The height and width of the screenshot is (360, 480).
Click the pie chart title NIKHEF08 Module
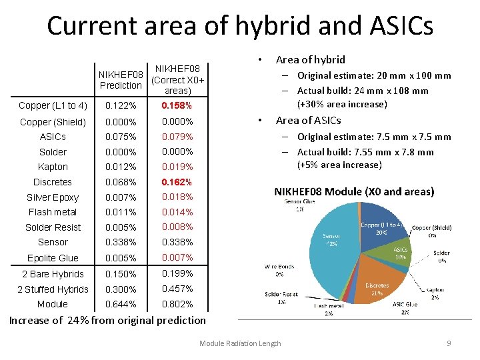click(354, 191)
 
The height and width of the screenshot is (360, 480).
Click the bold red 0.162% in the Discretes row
click(177, 182)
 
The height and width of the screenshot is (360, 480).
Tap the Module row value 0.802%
click(177, 304)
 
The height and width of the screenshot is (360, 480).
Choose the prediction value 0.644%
click(123, 304)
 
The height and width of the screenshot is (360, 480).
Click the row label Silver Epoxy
click(53, 197)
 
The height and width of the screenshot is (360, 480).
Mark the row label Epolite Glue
click(53, 258)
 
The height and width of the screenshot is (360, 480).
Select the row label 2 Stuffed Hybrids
click(53, 289)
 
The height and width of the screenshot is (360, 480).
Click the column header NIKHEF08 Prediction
click(120, 80)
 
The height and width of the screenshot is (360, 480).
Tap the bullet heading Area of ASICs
click(308, 121)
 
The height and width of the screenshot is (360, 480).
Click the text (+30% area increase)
click(341, 104)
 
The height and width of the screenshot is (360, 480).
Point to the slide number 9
click(449, 343)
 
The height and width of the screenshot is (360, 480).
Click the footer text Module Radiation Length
click(240, 343)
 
